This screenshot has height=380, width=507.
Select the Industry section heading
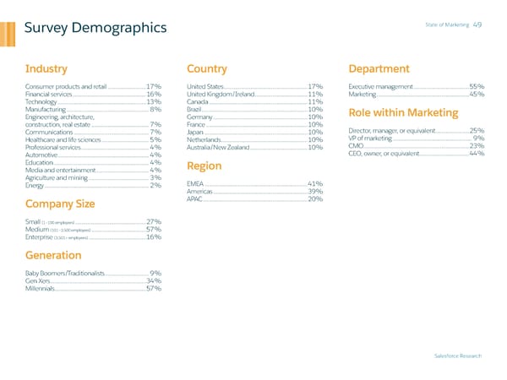46,68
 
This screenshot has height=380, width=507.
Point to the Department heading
379,68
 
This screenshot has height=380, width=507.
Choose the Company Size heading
60,203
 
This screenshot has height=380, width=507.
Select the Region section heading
204,166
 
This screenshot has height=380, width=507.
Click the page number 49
477,24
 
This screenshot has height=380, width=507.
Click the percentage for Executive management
477,87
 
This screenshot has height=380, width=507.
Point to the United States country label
204,87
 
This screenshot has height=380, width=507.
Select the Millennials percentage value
154,289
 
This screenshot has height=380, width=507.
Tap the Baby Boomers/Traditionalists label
65,274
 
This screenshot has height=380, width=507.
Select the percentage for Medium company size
154,230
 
